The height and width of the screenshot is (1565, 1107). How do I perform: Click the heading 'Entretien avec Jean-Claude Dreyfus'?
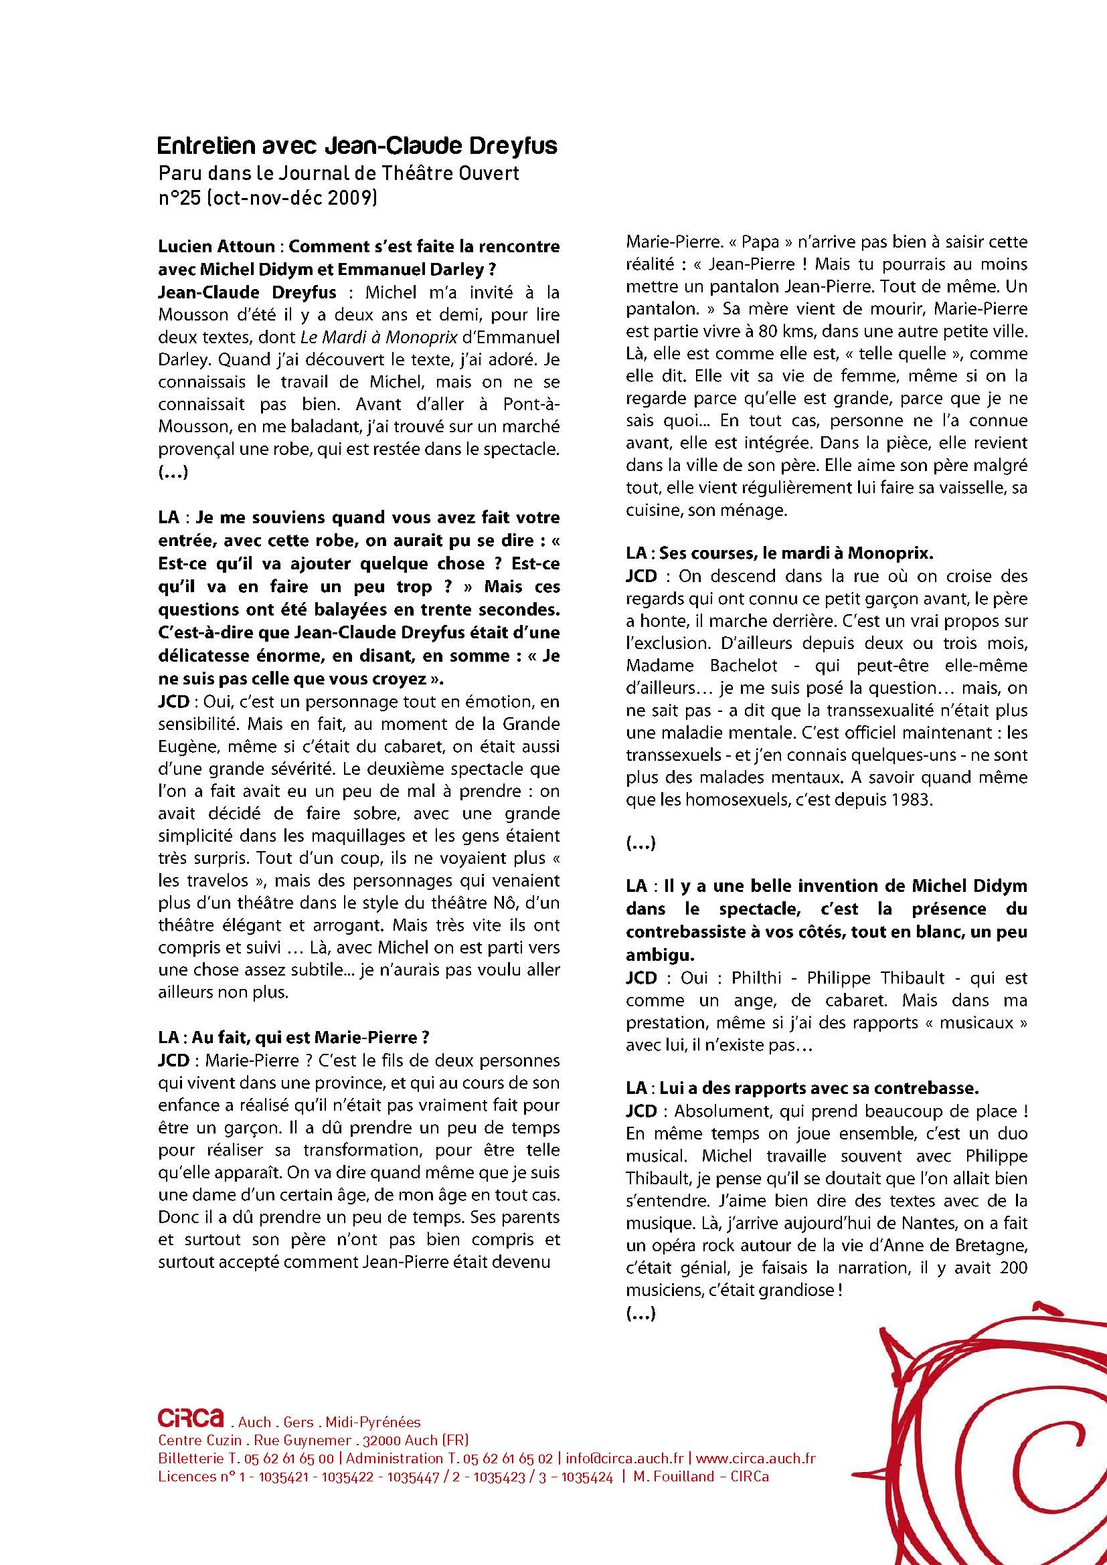(x=357, y=146)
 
